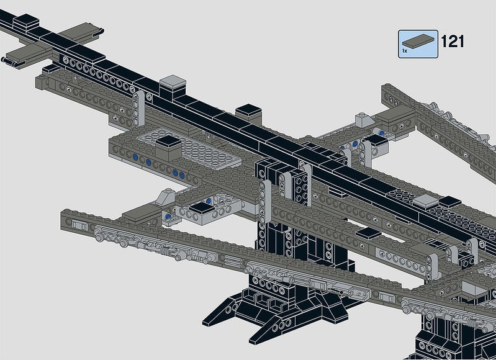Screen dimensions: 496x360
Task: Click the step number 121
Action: (453, 42)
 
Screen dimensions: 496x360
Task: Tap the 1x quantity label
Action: (405, 51)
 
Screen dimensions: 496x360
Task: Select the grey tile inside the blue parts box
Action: (418, 40)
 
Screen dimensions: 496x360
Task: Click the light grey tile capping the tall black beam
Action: (173, 81)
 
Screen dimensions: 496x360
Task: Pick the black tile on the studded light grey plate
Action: (169, 142)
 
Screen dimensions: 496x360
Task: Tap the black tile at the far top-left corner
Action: (26, 20)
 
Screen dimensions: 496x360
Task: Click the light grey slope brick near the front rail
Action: (166, 196)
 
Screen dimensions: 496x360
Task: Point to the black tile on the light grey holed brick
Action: (202, 208)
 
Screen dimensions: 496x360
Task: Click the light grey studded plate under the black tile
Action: (190, 149)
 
